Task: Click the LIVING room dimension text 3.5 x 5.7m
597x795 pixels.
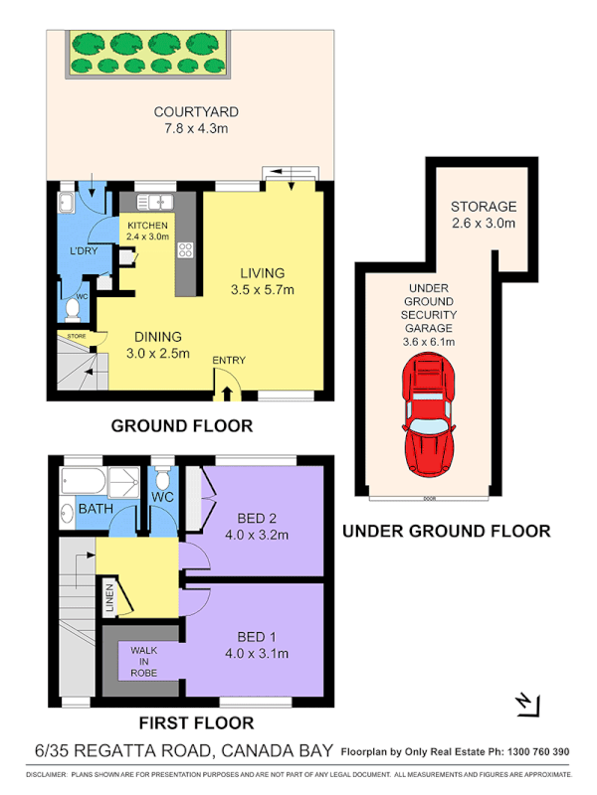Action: (x=263, y=290)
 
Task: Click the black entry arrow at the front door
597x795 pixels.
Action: (x=228, y=394)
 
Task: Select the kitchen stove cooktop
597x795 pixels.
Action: (x=185, y=249)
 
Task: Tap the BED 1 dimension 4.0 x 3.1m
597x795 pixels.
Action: (x=255, y=653)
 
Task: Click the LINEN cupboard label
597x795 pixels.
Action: (x=110, y=598)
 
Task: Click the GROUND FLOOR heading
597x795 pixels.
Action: (x=181, y=425)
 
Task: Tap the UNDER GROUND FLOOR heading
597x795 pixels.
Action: (x=446, y=532)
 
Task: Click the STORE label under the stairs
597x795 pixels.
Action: (x=77, y=337)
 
